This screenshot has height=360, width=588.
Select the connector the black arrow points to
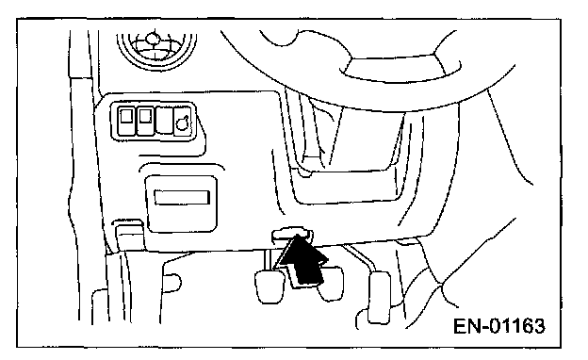coord(291,234)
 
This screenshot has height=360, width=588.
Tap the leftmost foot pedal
coord(269,286)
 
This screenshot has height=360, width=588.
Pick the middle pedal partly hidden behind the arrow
coord(332,284)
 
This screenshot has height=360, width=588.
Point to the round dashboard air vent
coord(156,51)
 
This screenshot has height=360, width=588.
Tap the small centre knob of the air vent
coord(152,39)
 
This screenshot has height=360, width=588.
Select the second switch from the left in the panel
coord(145,121)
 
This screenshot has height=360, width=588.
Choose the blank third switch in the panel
coord(164,120)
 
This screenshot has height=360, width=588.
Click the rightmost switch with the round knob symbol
coord(183,121)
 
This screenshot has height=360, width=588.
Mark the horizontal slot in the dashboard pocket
coord(182,198)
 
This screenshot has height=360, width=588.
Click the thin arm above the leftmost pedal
coord(268,260)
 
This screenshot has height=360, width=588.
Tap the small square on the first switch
coord(126,116)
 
